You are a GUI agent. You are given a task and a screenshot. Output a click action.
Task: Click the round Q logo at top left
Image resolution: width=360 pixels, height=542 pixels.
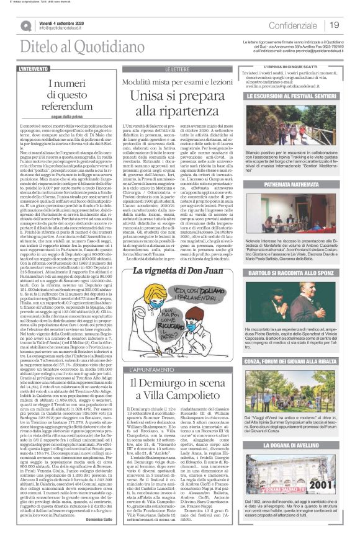point(27,25)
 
